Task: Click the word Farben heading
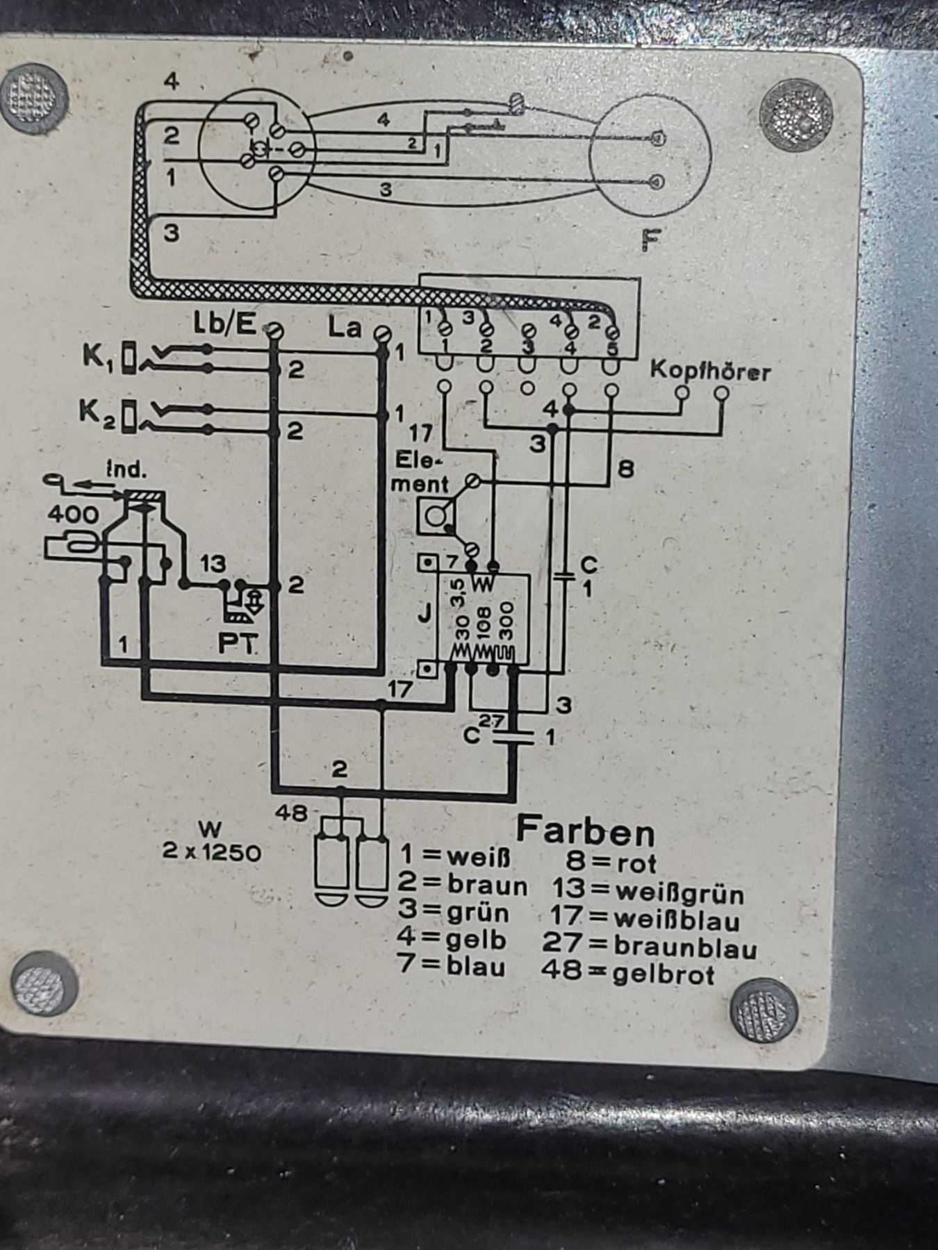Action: [585, 831]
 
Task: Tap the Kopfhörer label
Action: [710, 372]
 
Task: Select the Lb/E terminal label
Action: [224, 324]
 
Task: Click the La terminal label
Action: [345, 327]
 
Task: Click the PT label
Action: [237, 643]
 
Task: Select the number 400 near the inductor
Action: [73, 515]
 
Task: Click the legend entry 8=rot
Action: [611, 862]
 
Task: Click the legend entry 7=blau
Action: [452, 965]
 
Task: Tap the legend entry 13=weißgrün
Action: [648, 892]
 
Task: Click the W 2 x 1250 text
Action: [211, 841]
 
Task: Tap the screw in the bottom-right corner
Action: [764, 1010]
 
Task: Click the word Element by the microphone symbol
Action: [420, 472]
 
